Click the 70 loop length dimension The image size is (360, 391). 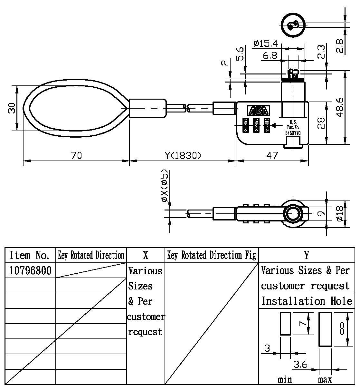[76, 155]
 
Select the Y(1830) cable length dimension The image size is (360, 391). [183, 155]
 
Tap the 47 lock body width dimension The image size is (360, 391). [272, 155]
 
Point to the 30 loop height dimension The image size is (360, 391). [12, 108]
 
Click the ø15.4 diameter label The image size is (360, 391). [265, 43]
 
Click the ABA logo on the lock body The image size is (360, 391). [259, 111]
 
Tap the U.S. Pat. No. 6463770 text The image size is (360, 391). [293, 127]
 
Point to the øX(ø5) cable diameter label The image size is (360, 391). [165, 186]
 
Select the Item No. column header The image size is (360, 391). [30, 255]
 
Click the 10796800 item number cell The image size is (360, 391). [30, 270]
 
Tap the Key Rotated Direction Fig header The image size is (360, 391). [212, 255]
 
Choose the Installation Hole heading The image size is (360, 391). [307, 301]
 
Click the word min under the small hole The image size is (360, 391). [285, 379]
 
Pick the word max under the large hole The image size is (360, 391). [325, 379]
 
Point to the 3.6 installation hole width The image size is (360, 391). [300, 365]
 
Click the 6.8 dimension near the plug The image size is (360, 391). [270, 55]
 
